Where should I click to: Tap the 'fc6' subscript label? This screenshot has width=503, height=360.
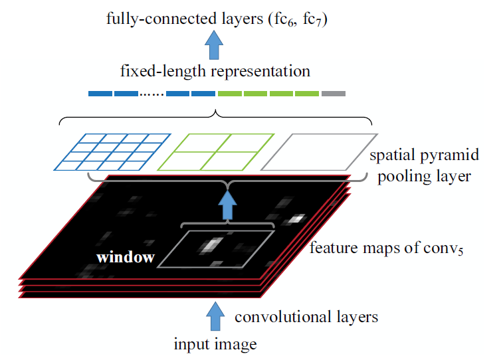284,20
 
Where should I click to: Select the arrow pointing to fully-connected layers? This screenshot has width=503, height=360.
214,45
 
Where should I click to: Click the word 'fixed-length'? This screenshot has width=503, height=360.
163,72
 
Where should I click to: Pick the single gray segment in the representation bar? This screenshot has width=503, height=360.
334,94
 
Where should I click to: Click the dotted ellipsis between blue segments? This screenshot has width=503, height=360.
151,94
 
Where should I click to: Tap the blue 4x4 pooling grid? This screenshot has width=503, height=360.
112,152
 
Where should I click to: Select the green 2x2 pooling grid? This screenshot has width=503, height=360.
216,152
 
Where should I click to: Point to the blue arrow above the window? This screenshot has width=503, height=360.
227,205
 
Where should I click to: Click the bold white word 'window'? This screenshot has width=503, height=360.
126,257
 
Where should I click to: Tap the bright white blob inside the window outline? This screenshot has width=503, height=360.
210,245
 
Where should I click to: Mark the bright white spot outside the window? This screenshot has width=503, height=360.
296,219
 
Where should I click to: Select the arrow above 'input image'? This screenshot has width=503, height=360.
215,316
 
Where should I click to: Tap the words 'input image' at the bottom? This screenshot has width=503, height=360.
215,344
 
